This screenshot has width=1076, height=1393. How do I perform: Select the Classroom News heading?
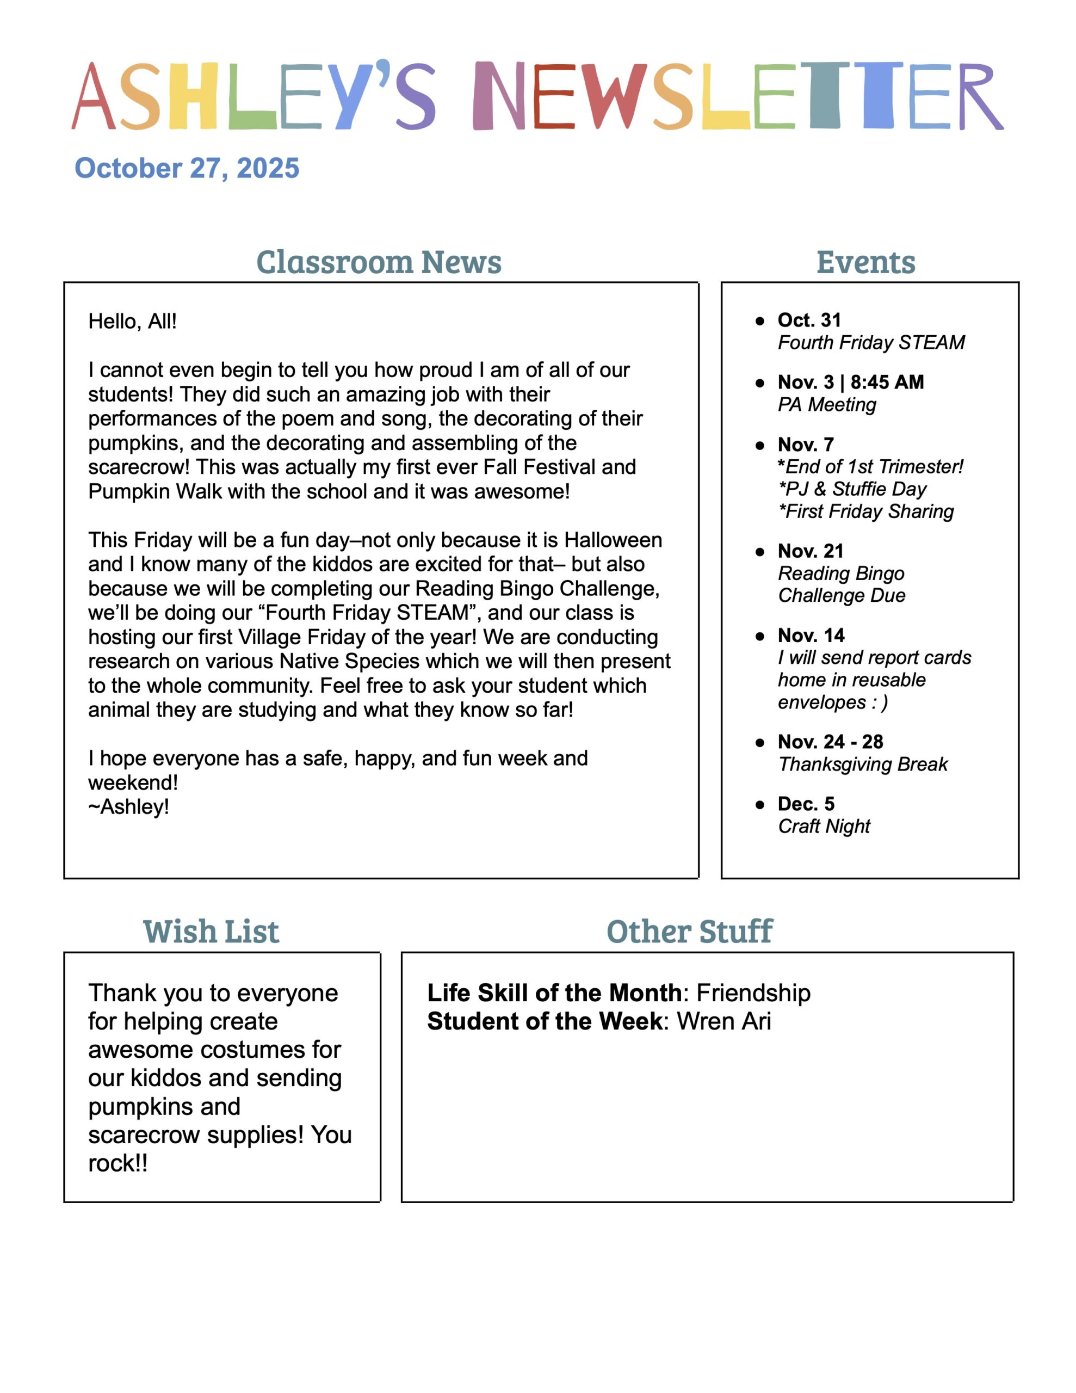(379, 262)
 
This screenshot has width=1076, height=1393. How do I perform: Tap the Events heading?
(865, 262)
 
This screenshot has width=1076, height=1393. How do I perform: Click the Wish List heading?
(211, 932)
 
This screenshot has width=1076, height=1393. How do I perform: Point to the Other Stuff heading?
(689, 932)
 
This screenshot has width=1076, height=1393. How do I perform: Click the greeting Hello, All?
(132, 321)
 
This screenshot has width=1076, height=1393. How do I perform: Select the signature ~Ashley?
(128, 807)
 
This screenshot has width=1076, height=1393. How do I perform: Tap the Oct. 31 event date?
(809, 319)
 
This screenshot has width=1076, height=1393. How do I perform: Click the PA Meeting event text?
(827, 404)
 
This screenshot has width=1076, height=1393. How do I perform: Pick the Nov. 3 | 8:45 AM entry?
(850, 382)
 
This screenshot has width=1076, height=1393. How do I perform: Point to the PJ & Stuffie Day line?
(852, 489)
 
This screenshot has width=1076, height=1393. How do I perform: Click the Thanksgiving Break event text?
(863, 764)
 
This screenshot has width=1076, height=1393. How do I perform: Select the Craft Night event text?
(824, 827)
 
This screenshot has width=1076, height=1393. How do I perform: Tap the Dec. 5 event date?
(806, 804)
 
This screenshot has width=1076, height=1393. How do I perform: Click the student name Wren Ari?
(724, 1022)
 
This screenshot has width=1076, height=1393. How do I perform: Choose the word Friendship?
(753, 993)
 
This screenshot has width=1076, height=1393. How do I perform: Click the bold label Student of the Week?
(545, 1022)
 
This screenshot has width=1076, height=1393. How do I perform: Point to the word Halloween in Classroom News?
(613, 540)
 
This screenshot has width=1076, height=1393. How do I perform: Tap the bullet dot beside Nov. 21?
(759, 552)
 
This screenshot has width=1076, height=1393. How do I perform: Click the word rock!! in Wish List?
(118, 1163)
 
